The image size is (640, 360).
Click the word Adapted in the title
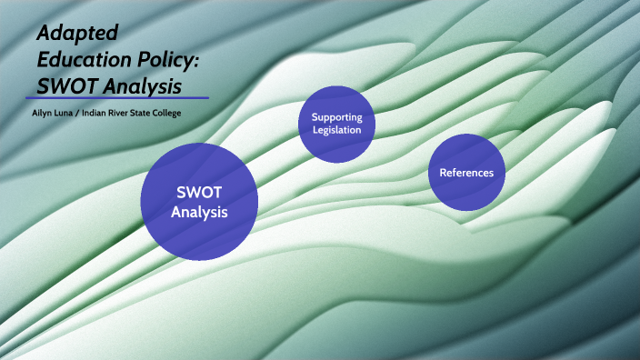pos(77,34)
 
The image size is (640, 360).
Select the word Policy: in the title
pos(171,59)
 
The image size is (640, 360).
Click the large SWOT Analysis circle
pos(199,202)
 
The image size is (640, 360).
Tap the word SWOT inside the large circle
pos(199,192)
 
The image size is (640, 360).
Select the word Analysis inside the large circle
pos(199,212)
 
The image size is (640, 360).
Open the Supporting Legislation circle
pos(336,124)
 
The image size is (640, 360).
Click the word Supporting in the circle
pos(336,117)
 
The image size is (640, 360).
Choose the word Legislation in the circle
pos(336,130)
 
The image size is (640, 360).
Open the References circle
pos(466,172)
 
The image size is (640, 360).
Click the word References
pos(466,172)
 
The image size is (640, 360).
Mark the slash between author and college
pos(75,113)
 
